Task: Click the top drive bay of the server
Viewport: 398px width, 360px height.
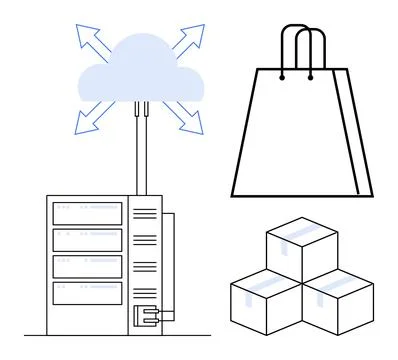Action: click(x=87, y=213)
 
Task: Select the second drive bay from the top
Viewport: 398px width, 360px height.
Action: click(x=87, y=240)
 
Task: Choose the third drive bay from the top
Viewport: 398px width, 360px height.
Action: click(x=87, y=266)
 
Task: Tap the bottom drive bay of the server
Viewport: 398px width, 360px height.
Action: click(x=87, y=292)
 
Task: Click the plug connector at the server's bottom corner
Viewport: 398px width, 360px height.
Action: click(x=146, y=317)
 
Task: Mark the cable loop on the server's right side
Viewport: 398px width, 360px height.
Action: click(x=170, y=265)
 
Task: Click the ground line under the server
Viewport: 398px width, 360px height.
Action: click(x=100, y=334)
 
